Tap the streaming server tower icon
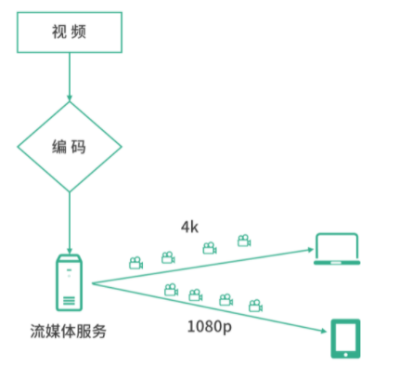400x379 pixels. [69, 282]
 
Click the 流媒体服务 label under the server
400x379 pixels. [68, 332]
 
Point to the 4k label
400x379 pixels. [189, 228]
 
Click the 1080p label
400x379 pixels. [210, 327]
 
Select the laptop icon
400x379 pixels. [337, 249]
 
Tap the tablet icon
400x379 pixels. [345, 338]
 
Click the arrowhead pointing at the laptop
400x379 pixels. [310, 250]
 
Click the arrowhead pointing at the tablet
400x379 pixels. [323, 331]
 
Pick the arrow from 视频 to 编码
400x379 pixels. [70, 77]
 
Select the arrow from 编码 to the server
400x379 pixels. [70, 223]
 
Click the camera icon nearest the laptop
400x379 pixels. [244, 241]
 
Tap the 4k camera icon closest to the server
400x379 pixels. [135, 263]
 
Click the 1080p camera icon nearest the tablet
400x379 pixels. [255, 306]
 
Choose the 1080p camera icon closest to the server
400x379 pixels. [171, 290]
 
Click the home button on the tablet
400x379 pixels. [345, 355]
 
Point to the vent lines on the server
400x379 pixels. [69, 301]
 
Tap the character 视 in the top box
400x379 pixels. [59, 32]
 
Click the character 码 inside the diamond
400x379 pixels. [78, 147]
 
